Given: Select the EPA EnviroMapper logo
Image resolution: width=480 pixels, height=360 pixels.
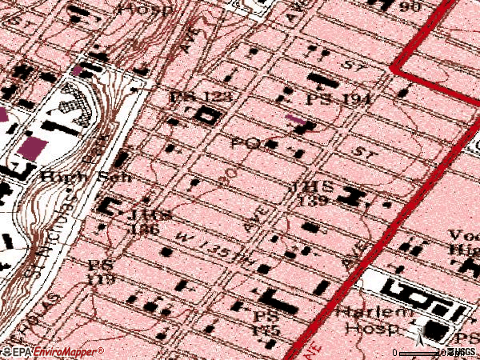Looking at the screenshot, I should click(x=53, y=352).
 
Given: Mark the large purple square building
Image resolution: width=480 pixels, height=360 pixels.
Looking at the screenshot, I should click(x=34, y=147).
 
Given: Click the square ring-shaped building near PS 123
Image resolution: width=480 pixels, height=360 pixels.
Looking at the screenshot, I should click(x=207, y=117).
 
